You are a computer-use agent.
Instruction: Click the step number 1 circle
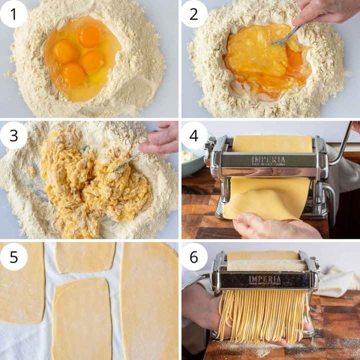point(13,13)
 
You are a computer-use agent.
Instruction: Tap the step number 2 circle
point(193,13)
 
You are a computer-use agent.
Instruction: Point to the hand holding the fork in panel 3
point(161,140)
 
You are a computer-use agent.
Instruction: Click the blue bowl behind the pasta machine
point(192,162)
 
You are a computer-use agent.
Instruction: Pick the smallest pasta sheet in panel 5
point(85,257)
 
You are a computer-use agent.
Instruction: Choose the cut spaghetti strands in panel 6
point(262,315)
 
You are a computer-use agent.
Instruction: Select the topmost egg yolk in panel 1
point(90,36)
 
